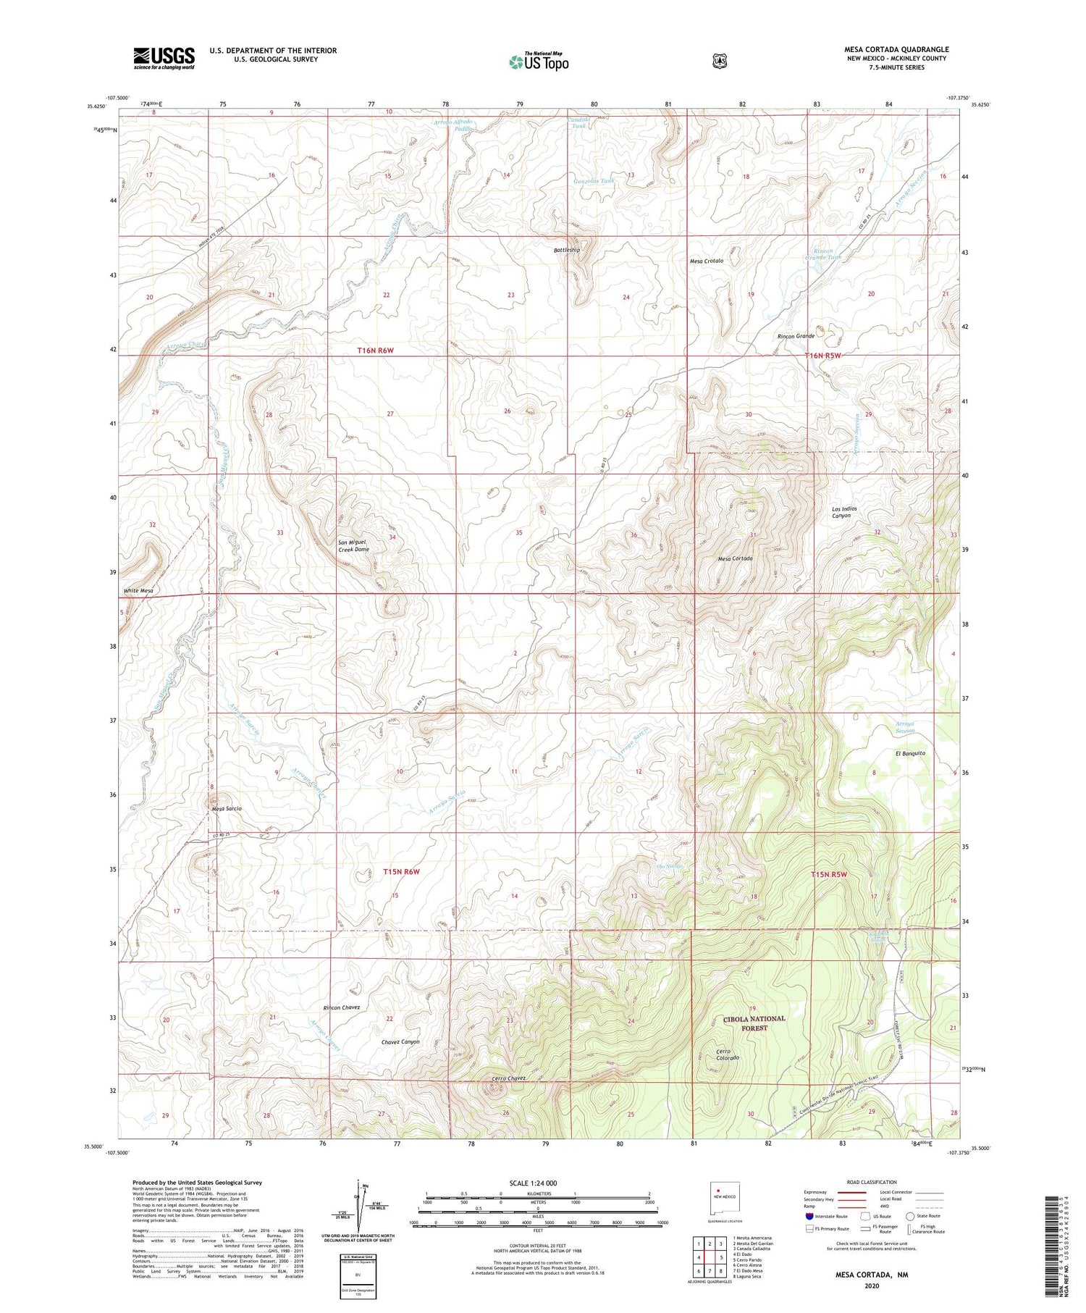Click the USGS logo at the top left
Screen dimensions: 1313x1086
164,58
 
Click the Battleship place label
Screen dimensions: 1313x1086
567,250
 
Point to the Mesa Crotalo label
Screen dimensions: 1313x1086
706,261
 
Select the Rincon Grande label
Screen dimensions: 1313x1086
796,336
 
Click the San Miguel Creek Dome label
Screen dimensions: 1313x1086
353,545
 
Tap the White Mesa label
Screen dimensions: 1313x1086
138,591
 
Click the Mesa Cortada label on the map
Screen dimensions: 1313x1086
735,558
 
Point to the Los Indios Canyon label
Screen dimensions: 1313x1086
844,512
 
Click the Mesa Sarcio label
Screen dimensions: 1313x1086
227,808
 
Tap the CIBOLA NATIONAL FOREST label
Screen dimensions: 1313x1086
754,1023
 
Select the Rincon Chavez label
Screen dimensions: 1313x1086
341,1007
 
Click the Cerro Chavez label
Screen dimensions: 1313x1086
508,1078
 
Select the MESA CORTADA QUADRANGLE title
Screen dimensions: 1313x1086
896,49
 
